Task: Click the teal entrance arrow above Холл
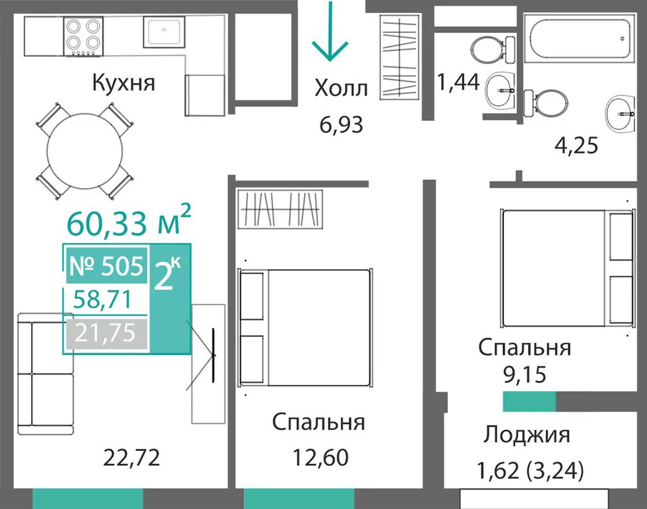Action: click(330, 31)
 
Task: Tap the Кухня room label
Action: click(124, 83)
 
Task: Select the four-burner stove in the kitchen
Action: click(83, 36)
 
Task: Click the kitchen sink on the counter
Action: click(164, 32)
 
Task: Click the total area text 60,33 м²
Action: click(129, 221)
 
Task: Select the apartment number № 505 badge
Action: click(107, 266)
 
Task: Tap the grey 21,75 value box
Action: click(107, 333)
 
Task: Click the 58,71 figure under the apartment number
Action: click(102, 299)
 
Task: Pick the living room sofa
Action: click(46, 374)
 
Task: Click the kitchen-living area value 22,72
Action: click(131, 457)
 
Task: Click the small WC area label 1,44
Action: click(458, 81)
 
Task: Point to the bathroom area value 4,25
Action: click(576, 145)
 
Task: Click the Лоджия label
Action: click(527, 435)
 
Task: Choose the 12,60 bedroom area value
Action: click(321, 457)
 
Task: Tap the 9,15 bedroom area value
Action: click(525, 374)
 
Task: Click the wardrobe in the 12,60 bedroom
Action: click(281, 209)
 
